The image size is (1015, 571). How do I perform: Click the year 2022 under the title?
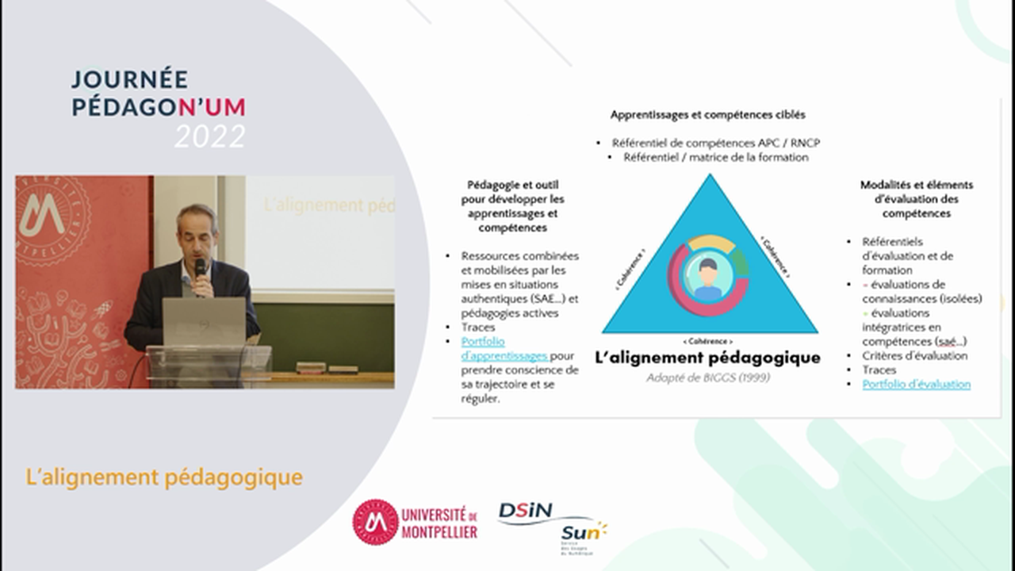[210, 136]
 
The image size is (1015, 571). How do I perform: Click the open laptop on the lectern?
[205, 321]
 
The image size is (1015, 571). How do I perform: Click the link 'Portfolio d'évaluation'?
[916, 384]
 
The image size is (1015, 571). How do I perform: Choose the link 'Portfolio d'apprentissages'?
[505, 349]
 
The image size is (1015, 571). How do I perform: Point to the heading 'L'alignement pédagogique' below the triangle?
[707, 358]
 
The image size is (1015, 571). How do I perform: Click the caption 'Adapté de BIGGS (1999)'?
[708, 377]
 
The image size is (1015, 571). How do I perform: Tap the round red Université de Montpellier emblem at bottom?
[376, 522]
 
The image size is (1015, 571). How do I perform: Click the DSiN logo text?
[534, 512]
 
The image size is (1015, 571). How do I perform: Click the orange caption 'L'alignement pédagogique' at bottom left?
[164, 477]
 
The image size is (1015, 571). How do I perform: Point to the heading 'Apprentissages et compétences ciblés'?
[707, 115]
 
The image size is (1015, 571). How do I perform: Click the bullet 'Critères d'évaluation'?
[914, 355]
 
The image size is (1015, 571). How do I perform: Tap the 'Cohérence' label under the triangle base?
[710, 341]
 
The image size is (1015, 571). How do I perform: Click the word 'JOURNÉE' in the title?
[130, 79]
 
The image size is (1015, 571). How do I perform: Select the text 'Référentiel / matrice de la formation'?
[715, 157]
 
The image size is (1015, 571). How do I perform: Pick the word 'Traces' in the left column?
[477, 327]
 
